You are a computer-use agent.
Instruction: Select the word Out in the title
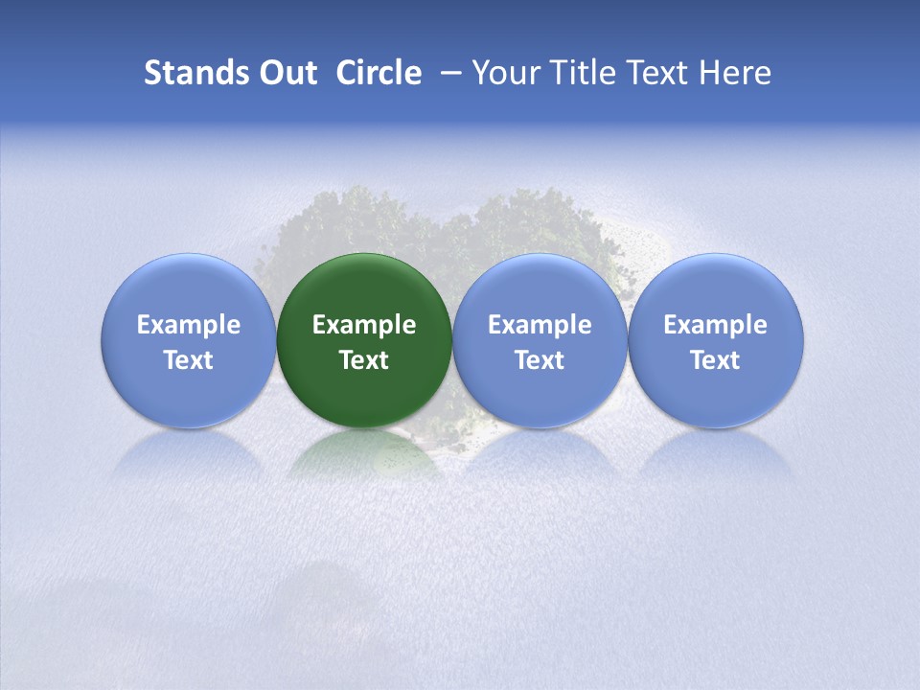(287, 73)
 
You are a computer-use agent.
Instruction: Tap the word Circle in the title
(379, 73)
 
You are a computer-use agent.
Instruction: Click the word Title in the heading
(584, 73)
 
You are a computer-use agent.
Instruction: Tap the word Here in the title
(736, 73)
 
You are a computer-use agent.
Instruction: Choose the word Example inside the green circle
(364, 325)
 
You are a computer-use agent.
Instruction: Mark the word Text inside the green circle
(364, 360)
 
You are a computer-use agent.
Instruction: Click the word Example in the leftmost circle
(189, 325)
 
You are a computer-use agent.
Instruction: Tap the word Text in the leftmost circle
(189, 360)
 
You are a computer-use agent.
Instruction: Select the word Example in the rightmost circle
(715, 325)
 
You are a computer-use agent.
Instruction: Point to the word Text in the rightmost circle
(715, 360)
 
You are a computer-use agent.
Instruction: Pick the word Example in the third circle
(540, 325)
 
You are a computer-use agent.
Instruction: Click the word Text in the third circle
(540, 360)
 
